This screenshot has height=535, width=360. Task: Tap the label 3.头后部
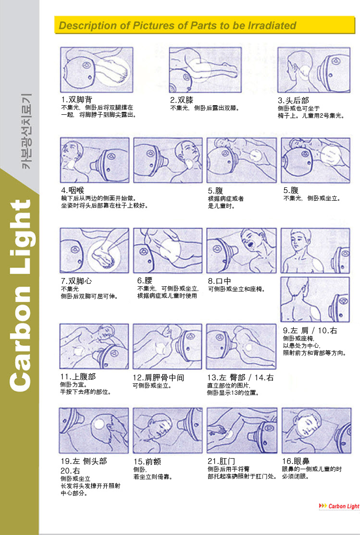pos(293,100)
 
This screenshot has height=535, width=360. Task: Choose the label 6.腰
pos(145,280)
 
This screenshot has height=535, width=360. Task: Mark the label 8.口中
pos(219,281)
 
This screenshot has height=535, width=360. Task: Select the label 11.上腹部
pos(78,377)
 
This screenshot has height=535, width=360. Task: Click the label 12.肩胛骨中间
pos(158,377)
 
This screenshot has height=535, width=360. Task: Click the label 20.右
pos(70,471)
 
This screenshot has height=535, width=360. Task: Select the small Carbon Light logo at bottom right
pos(339,506)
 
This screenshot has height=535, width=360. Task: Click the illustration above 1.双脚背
pos(96,70)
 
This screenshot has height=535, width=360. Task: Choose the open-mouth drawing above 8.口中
pos(242,250)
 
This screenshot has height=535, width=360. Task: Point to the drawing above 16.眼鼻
pos(316,430)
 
